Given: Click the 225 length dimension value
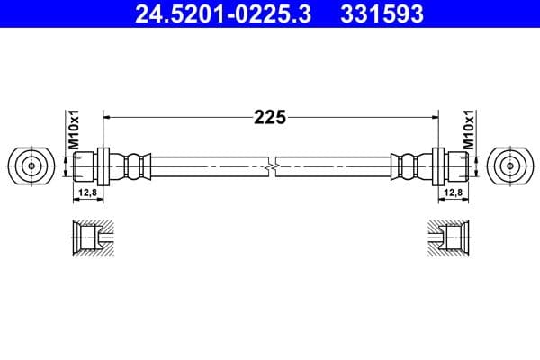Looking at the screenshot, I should [269, 116].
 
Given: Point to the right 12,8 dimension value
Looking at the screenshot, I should [454, 192].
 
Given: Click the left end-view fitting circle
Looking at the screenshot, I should [31, 166].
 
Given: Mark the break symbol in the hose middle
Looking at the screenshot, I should [270, 166].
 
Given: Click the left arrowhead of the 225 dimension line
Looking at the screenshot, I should [110, 116].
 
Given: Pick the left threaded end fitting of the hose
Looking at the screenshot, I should [83, 166].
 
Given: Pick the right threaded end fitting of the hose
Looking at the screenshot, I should [457, 166].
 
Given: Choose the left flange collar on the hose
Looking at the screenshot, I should [103, 166].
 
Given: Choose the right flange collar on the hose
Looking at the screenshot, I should [437, 166].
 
